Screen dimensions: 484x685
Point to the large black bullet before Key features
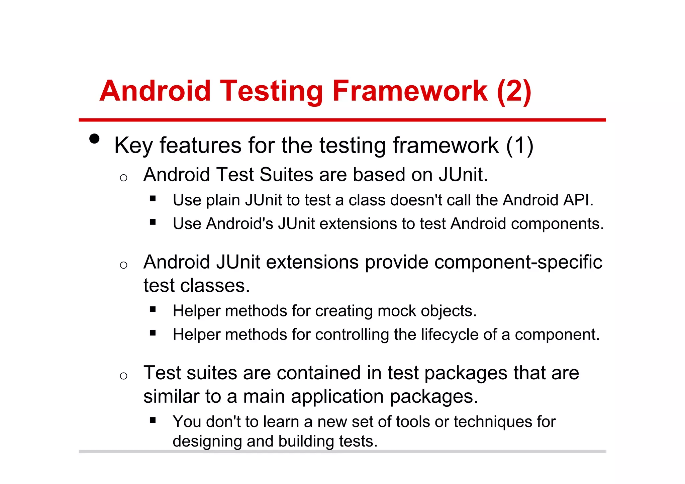coord(95,139)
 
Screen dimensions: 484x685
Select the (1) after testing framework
coord(519,146)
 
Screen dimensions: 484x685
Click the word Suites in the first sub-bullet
coord(287,175)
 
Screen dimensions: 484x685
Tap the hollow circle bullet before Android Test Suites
coord(123,178)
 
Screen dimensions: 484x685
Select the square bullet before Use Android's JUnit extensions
coord(153,222)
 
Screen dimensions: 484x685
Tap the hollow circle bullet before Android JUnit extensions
coord(123,265)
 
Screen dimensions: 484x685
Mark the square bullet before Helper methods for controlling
coord(153,332)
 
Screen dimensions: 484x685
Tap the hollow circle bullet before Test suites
coord(123,376)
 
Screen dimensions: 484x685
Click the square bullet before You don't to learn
coord(153,420)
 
